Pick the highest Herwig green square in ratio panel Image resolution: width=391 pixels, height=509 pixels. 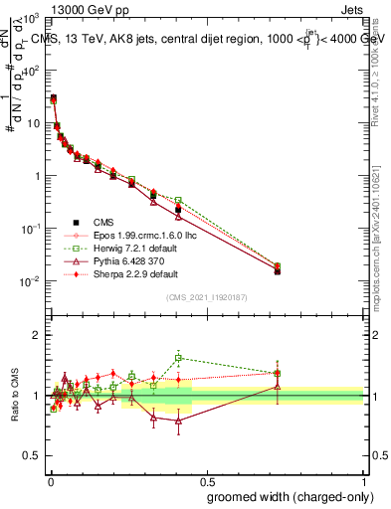(178, 358)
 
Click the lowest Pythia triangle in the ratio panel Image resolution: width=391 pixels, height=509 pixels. (178, 421)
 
